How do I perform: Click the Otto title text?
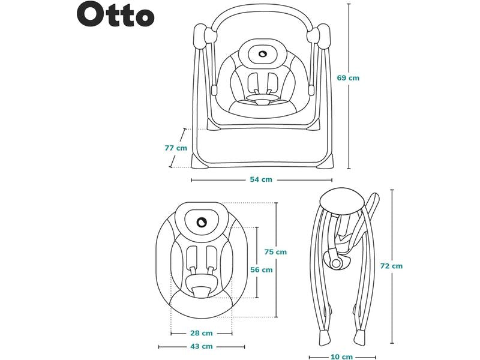coord(115,16)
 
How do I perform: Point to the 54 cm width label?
coord(261,179)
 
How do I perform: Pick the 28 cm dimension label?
coord(202,333)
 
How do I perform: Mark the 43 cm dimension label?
coord(202,347)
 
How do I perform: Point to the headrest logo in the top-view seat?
coord(202,221)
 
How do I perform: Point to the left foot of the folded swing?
coord(322,334)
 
